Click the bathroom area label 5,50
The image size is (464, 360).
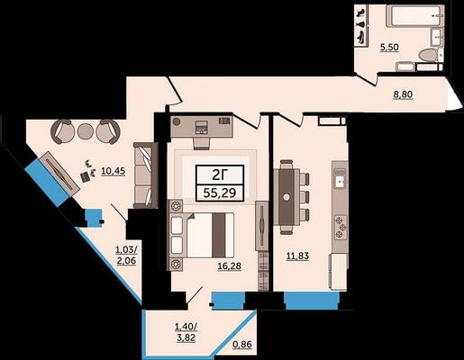[389, 48]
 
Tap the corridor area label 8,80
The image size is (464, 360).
[403, 94]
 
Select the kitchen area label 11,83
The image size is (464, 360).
[297, 256]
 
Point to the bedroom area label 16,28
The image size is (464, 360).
[230, 266]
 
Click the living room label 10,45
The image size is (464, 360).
[114, 171]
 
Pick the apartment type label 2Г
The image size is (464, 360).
[220, 175]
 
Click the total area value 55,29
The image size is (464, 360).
[220, 193]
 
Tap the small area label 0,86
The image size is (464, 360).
[242, 345]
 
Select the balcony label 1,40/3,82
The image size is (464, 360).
[187, 332]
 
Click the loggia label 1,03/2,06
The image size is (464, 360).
[126, 255]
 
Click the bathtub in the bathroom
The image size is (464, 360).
[414, 15]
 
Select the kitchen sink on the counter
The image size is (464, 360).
[340, 179]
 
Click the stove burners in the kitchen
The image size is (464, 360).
[341, 227]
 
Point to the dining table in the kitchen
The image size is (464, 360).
[287, 197]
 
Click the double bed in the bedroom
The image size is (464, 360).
[202, 235]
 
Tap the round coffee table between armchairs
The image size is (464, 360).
[86, 131]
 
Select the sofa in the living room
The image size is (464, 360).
[146, 175]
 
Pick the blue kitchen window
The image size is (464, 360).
[313, 301]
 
